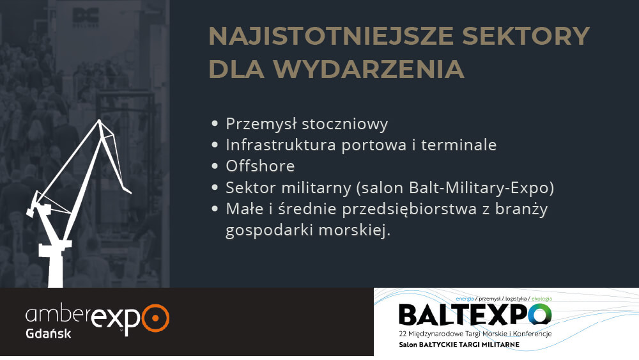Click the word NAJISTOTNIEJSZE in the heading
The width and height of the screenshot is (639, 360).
click(331, 36)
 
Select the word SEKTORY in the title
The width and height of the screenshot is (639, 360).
click(526, 36)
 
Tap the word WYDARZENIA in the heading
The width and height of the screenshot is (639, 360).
click(369, 69)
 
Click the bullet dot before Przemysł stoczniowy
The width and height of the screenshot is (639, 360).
click(215, 123)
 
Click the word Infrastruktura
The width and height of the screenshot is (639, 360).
click(281, 145)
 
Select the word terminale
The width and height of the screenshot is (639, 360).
click(458, 145)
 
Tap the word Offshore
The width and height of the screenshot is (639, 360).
click(260, 166)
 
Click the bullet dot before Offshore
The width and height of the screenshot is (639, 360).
click(215, 166)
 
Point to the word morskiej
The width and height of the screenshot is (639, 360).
click(354, 230)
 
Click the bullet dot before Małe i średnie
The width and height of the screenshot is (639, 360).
click(215, 208)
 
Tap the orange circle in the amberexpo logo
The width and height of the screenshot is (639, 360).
click(155, 318)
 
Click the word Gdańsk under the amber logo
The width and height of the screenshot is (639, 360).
click(48, 334)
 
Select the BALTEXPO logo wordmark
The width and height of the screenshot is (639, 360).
click(475, 315)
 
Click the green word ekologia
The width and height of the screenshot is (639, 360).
click(542, 299)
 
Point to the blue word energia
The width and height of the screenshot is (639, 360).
click(465, 299)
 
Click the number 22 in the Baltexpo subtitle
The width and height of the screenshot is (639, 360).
click(403, 334)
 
